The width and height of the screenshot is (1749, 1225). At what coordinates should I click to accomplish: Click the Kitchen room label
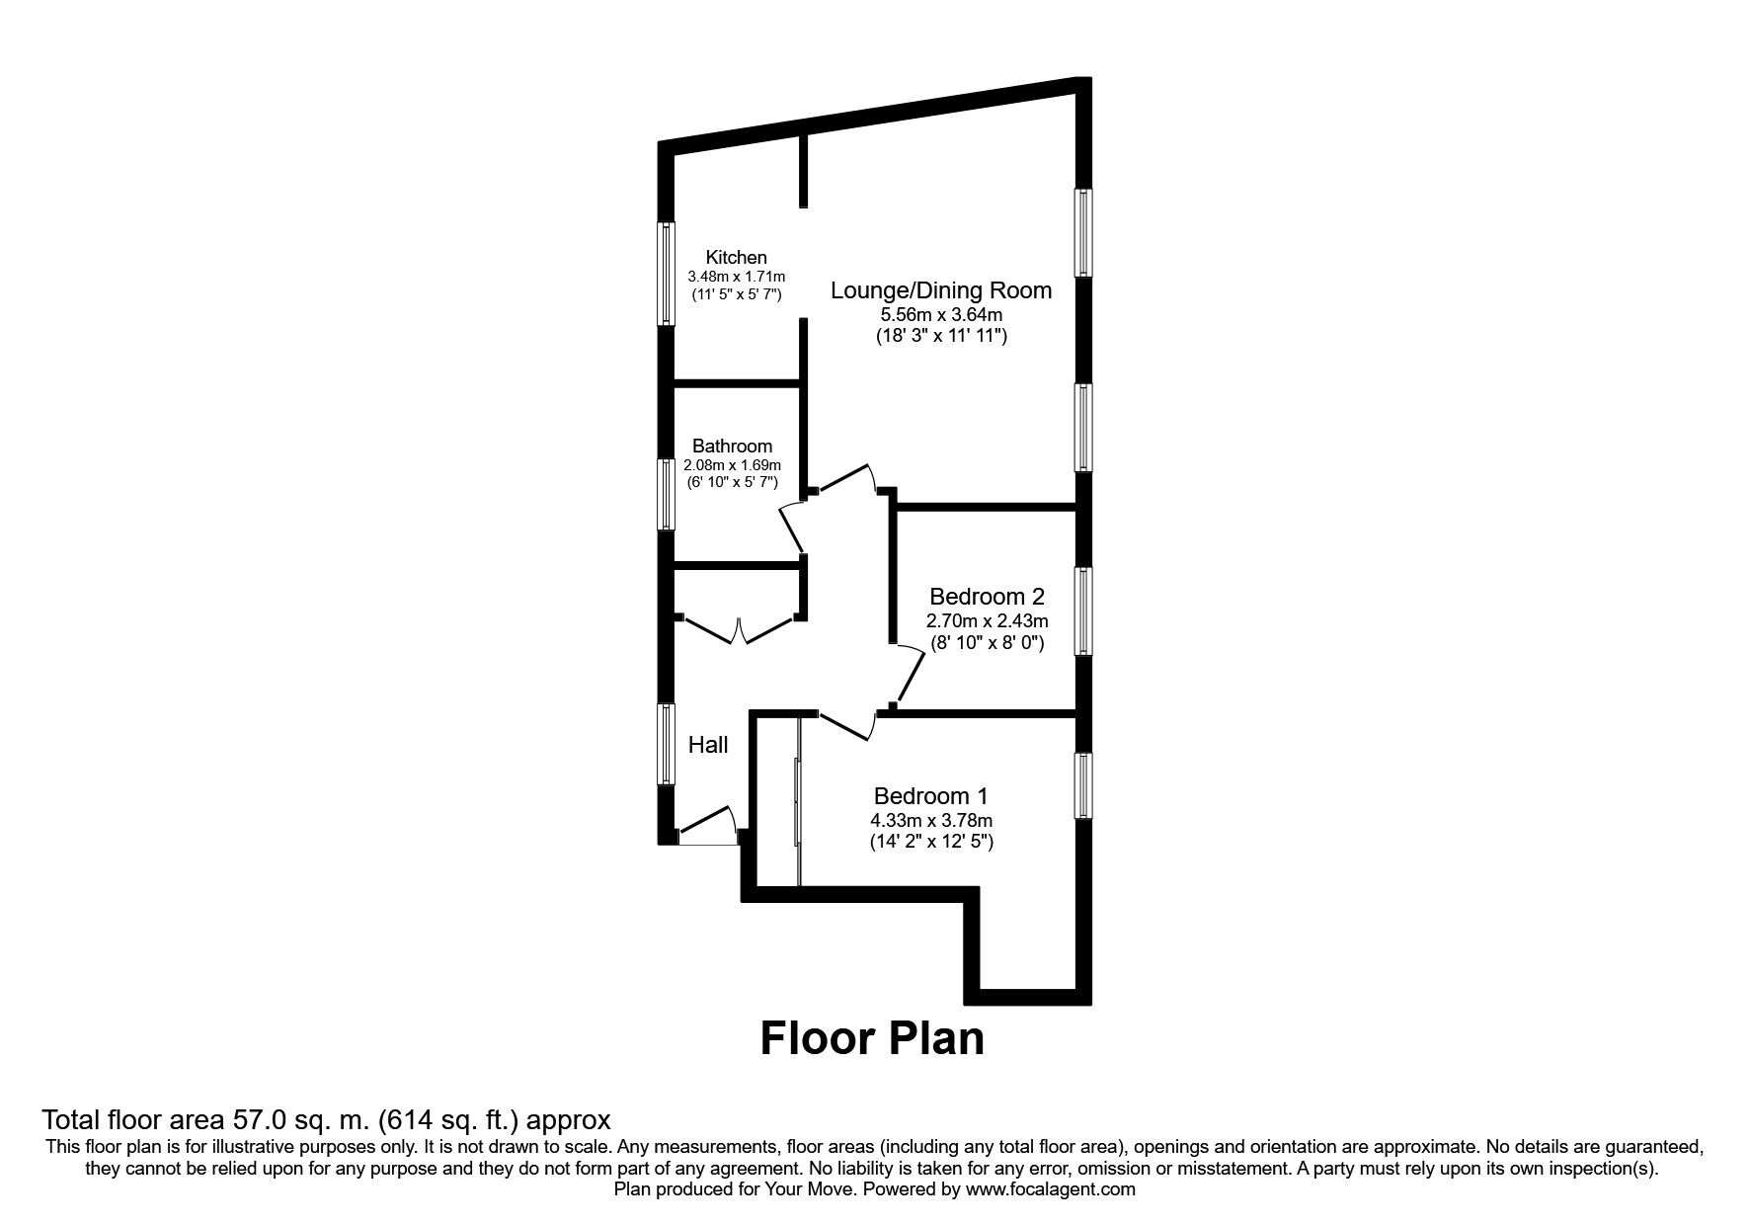(x=736, y=257)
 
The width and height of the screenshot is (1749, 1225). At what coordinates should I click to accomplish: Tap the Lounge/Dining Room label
(x=940, y=290)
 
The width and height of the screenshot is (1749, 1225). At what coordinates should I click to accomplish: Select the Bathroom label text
(x=732, y=446)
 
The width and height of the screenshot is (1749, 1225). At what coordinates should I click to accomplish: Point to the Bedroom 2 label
(x=987, y=597)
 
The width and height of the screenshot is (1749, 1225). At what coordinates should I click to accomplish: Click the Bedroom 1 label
(x=930, y=795)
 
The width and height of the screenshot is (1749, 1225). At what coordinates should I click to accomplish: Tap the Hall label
(x=708, y=745)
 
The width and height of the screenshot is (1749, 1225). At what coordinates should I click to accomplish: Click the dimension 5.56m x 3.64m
(x=941, y=314)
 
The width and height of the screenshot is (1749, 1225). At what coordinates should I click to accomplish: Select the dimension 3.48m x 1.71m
(x=736, y=277)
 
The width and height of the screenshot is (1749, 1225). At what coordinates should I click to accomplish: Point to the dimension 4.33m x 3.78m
(x=930, y=820)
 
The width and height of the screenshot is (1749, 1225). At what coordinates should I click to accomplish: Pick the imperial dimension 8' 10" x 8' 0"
(x=987, y=643)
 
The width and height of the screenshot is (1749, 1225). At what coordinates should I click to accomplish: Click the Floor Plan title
(x=872, y=1038)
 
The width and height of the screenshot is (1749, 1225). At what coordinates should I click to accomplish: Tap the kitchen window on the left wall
(x=667, y=274)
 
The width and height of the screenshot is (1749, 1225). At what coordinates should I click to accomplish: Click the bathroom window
(x=667, y=493)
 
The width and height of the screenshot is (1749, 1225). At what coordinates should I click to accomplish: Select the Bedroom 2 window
(x=1084, y=611)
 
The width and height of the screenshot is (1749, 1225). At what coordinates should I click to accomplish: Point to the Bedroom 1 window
(x=1084, y=785)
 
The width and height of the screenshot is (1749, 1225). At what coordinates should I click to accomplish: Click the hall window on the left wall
(x=667, y=744)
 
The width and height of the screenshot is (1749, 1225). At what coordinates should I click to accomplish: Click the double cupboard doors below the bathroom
(x=739, y=630)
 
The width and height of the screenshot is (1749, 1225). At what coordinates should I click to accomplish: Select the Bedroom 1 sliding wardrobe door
(x=797, y=801)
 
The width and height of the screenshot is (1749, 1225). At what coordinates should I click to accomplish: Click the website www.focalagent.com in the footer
(x=1050, y=1189)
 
